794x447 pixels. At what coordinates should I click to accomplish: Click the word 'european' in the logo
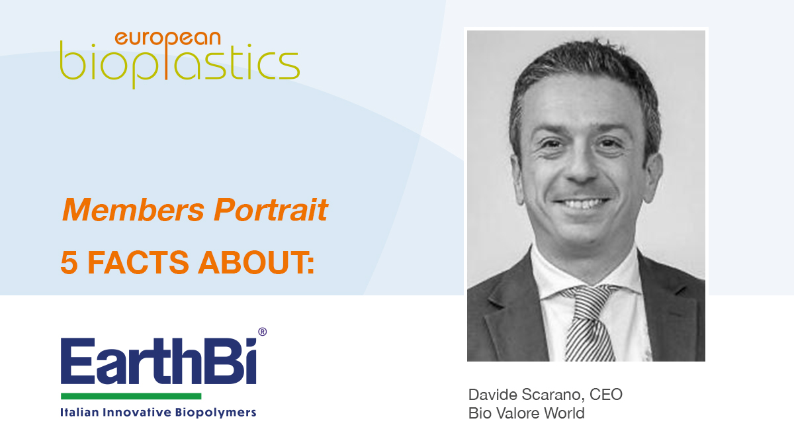(x=167, y=39)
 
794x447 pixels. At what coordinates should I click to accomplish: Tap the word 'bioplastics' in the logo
(x=180, y=63)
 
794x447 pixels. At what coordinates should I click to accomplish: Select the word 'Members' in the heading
(x=133, y=210)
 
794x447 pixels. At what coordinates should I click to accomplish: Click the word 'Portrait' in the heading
(x=271, y=210)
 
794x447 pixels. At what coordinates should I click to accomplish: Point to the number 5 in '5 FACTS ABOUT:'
(x=69, y=262)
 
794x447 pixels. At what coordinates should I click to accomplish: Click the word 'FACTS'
(x=138, y=262)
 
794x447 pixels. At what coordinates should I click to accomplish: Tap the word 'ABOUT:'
(x=256, y=262)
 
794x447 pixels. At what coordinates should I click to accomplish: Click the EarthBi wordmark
(x=158, y=361)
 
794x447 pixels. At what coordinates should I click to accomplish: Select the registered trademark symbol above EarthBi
(x=262, y=332)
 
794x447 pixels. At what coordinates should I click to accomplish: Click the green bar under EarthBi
(x=131, y=396)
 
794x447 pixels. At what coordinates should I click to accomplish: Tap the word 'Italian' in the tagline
(x=79, y=412)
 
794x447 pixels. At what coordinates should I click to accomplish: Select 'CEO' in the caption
(x=606, y=395)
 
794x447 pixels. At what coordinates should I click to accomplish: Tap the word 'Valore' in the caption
(x=519, y=413)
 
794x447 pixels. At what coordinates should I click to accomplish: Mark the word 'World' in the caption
(x=564, y=413)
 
